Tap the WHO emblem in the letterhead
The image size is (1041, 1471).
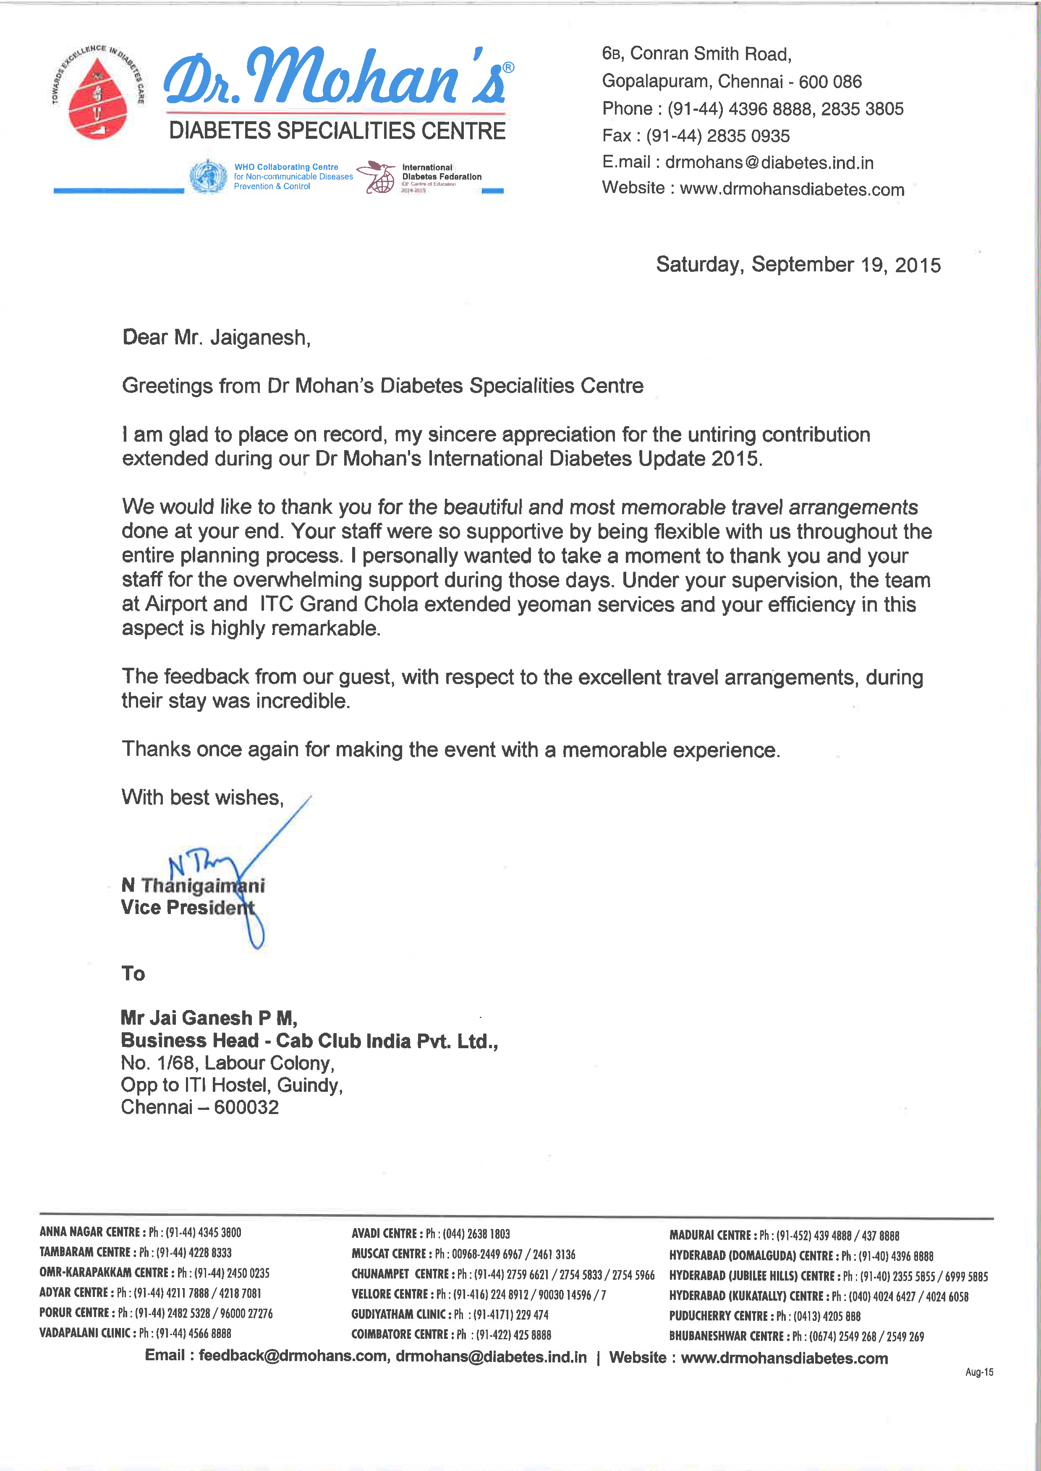click(x=208, y=176)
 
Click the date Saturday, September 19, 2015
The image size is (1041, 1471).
click(x=798, y=265)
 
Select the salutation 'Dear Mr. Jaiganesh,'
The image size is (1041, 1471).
click(x=216, y=338)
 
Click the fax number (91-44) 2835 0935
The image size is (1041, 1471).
click(x=717, y=136)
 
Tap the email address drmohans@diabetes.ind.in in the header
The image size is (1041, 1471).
click(x=769, y=163)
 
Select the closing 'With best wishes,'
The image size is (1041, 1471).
click(x=202, y=798)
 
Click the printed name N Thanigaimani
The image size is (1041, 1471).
click(x=192, y=885)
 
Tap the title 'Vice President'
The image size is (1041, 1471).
click(x=187, y=907)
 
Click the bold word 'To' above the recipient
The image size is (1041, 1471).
click(x=133, y=974)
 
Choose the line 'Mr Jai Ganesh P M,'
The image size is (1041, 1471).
click(x=208, y=1018)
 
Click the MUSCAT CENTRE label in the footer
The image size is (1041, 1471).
click(x=388, y=1254)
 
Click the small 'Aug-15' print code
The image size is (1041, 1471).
click(x=979, y=1372)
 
